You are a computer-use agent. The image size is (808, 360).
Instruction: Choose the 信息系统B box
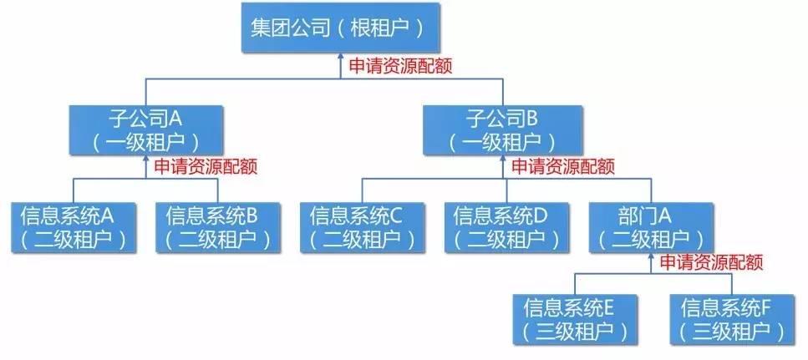[213, 226]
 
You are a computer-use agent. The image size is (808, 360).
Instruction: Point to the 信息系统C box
[357, 226]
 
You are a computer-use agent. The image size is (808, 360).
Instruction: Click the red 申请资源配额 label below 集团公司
[400, 66]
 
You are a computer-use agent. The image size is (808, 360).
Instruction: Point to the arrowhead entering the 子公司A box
[145, 160]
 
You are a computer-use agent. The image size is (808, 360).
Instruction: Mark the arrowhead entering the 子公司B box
[501, 160]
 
